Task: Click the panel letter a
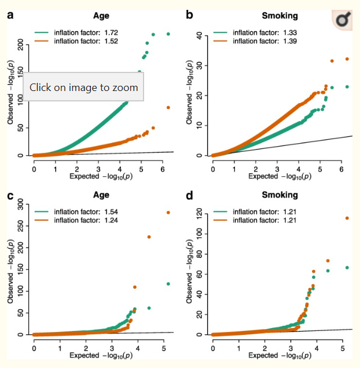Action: point(10,14)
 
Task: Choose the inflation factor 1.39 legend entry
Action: point(265,42)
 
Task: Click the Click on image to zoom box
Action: point(84,88)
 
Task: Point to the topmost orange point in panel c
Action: point(168,213)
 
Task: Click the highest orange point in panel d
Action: point(347,218)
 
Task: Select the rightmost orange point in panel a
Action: point(168,107)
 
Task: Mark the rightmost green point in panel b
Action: point(347,87)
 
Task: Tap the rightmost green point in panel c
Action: point(168,284)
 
